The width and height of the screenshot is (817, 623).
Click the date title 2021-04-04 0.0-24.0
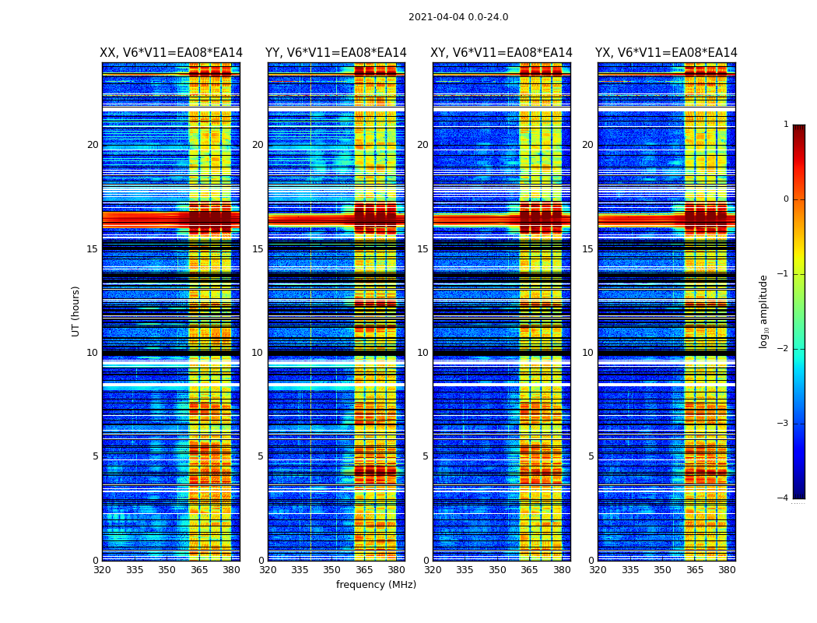458,17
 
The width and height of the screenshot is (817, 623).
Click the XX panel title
171,53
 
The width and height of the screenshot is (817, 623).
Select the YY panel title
336,53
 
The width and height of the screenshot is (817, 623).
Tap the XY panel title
501,53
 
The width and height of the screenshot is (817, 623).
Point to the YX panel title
666,53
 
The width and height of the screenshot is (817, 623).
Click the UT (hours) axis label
76,311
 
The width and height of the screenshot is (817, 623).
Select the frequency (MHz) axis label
376,585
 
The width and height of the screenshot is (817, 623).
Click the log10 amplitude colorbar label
763,311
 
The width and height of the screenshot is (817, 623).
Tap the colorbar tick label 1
786,125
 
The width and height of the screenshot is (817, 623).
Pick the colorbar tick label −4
784,498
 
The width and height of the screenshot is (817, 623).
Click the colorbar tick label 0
786,199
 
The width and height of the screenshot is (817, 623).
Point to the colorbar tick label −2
784,349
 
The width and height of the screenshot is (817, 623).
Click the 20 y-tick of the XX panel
93,145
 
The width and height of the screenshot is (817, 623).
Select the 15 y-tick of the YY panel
258,249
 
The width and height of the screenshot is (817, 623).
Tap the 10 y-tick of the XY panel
423,353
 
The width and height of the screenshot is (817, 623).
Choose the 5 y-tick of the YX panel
591,456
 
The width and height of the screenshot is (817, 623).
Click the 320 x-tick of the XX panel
102,570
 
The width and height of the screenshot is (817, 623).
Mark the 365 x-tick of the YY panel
365,570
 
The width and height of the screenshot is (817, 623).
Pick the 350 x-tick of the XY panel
497,570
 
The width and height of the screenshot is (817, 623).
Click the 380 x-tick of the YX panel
727,570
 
